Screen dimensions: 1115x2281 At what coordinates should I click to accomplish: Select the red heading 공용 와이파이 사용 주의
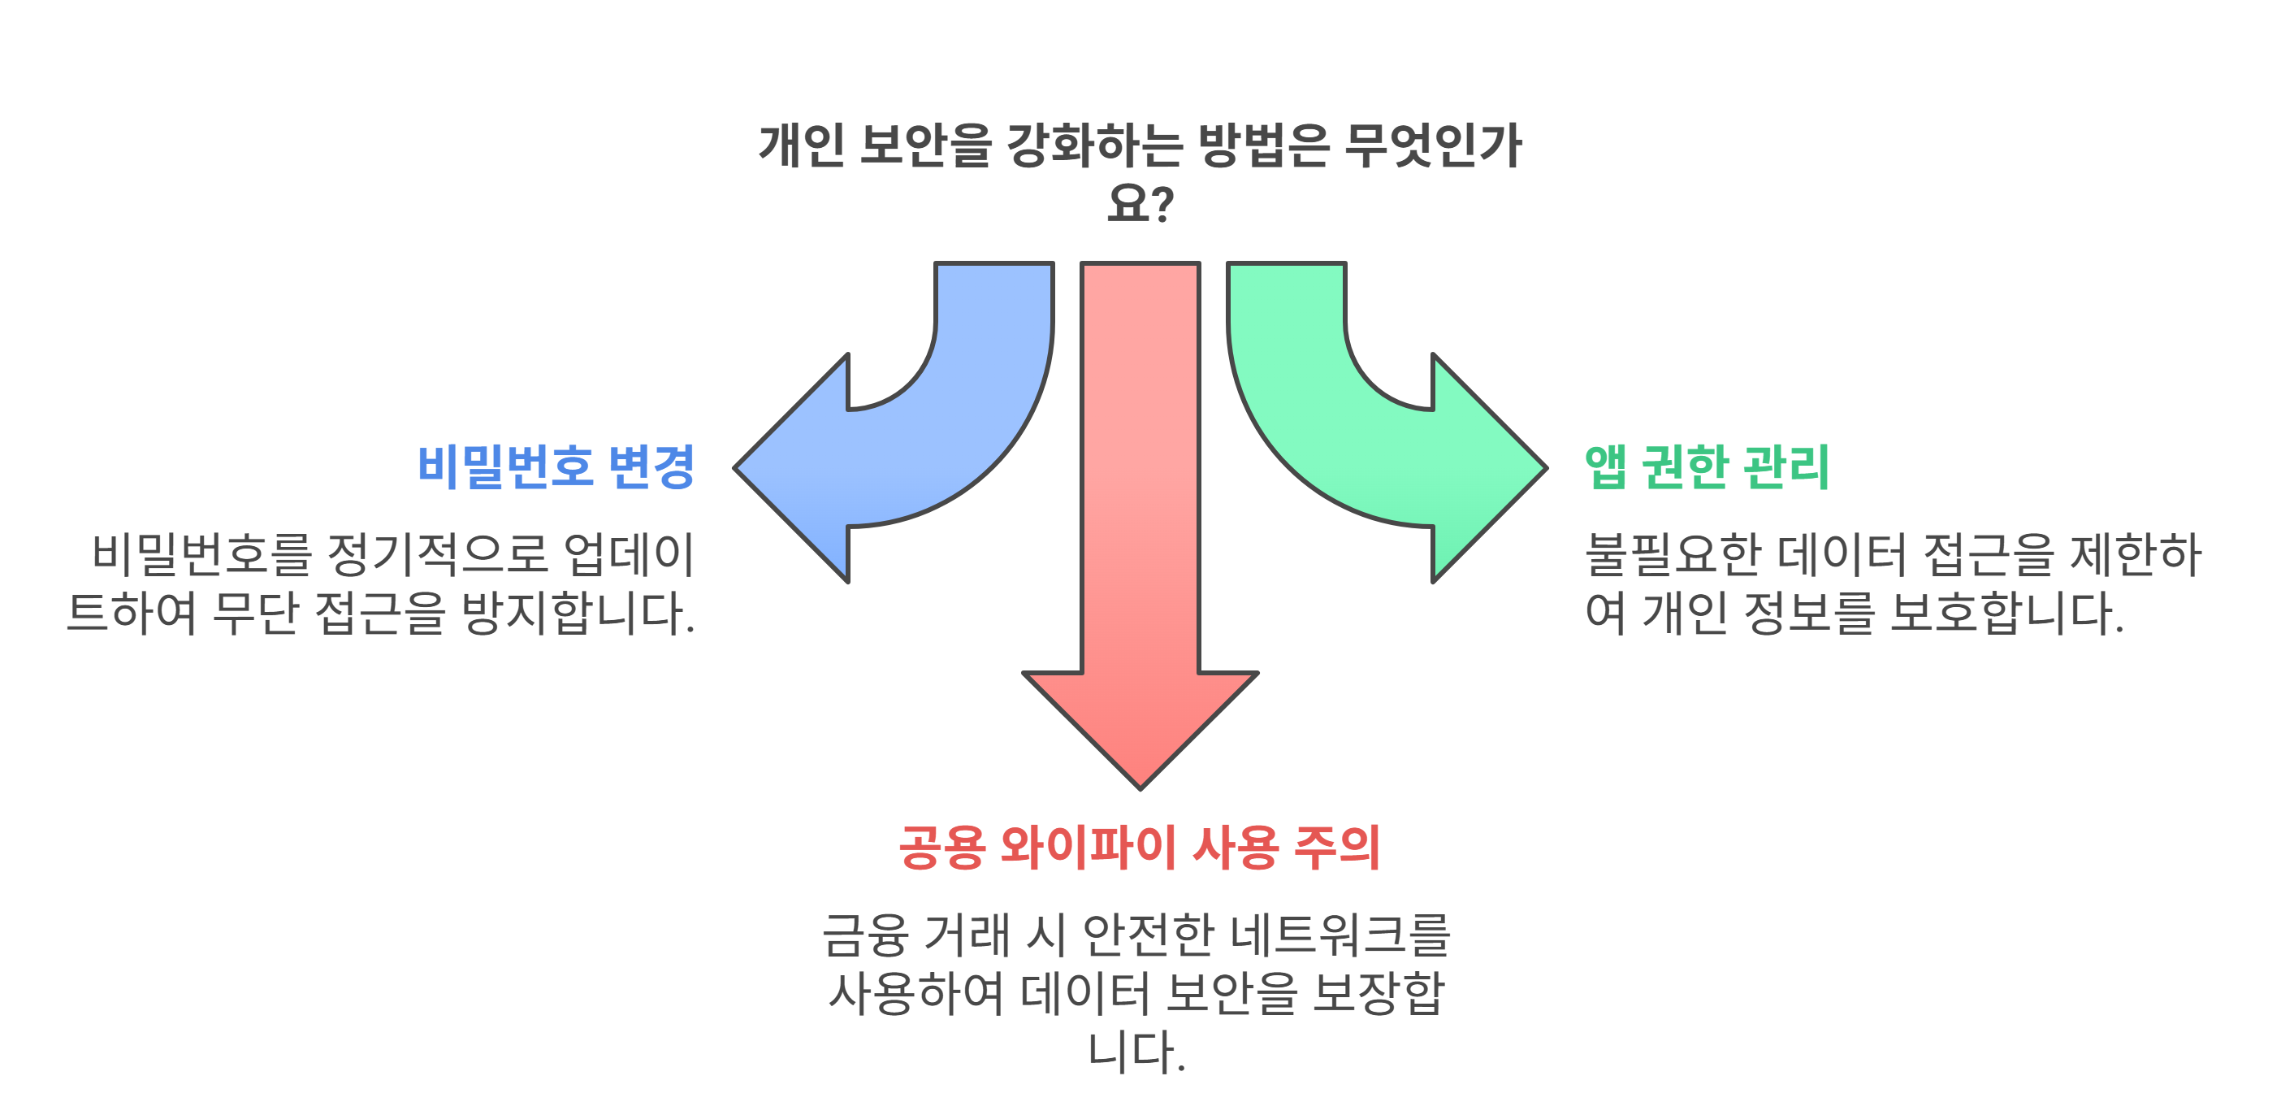[1139, 848]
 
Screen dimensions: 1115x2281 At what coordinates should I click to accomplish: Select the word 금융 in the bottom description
[864, 935]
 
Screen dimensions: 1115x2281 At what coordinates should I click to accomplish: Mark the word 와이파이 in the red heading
[1088, 848]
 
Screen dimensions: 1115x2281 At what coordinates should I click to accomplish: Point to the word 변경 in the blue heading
[651, 466]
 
